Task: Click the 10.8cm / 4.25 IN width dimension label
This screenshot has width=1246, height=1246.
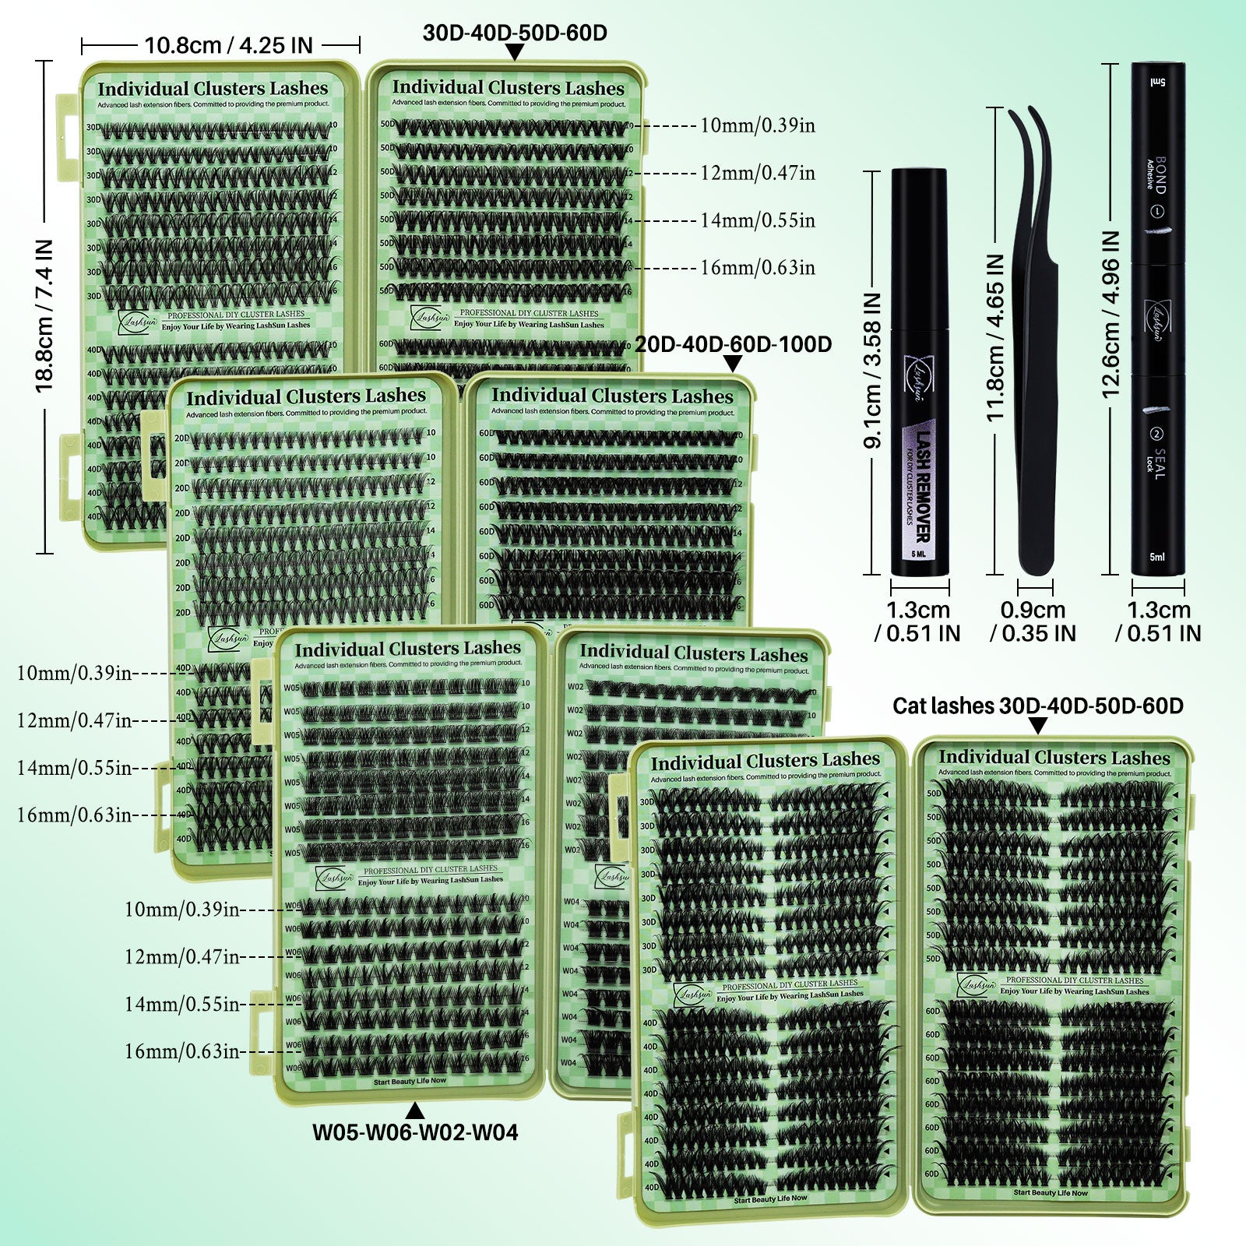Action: tap(228, 45)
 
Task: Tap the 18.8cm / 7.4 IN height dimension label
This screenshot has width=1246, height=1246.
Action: tap(44, 315)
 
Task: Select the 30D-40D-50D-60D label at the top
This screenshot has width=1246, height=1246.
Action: tap(515, 33)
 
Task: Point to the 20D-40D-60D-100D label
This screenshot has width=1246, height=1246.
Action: tap(733, 344)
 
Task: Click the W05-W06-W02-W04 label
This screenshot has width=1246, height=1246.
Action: tap(415, 1132)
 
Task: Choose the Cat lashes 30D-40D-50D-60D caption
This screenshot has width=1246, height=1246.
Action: tap(1037, 706)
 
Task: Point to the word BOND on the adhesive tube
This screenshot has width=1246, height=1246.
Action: tap(1160, 175)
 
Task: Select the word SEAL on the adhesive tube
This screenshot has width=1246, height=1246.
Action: tap(1160, 463)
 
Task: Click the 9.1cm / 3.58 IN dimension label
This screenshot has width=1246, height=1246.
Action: tap(873, 371)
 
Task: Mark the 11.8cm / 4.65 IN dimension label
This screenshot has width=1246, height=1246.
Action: tap(995, 339)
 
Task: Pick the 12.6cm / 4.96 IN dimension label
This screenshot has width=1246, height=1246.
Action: tap(1110, 315)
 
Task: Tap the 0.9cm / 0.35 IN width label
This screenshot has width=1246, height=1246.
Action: tap(1033, 621)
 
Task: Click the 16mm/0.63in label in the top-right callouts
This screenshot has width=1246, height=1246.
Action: tap(757, 268)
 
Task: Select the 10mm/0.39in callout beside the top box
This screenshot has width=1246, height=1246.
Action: tap(757, 125)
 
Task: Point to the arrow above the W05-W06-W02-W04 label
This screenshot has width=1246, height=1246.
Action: tap(415, 1110)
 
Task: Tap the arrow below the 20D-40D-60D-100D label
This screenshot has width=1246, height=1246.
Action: tap(733, 364)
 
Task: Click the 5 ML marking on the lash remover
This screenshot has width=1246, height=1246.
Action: tap(919, 554)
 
